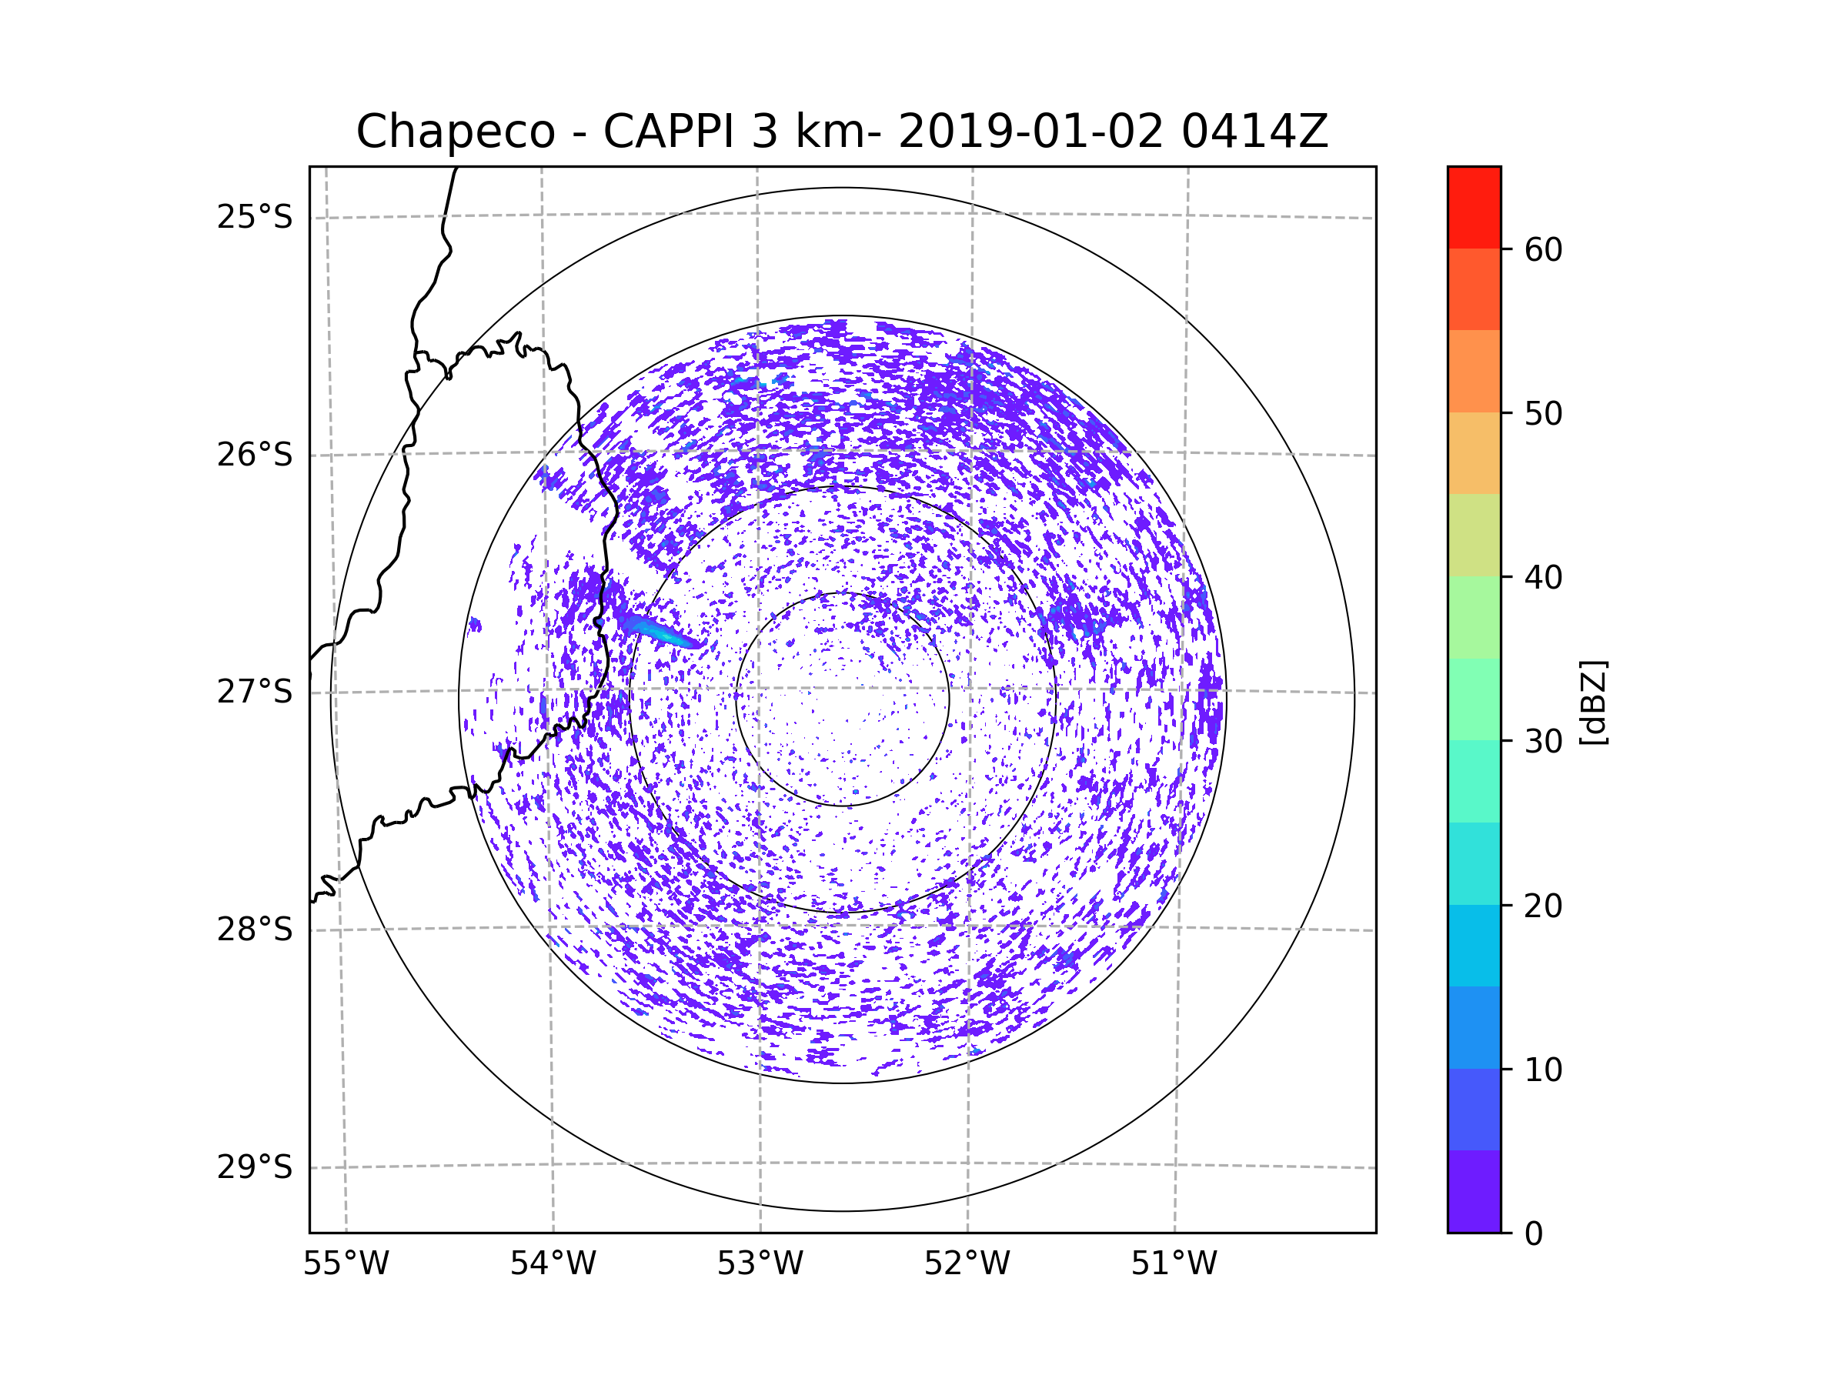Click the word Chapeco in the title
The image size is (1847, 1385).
(x=455, y=132)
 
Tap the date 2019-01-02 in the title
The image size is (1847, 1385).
(x=1030, y=132)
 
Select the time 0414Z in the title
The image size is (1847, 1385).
(x=1254, y=132)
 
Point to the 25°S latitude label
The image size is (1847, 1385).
(x=255, y=218)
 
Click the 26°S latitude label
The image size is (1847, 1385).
(x=255, y=456)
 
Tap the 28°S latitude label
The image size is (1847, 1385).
(x=255, y=930)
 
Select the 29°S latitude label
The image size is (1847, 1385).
(x=255, y=1168)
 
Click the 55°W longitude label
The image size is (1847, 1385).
(x=346, y=1264)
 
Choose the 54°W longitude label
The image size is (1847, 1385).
(x=553, y=1264)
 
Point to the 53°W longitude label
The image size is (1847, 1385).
(x=760, y=1264)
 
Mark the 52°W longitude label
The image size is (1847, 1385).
(x=967, y=1264)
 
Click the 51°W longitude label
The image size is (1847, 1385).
(x=1174, y=1264)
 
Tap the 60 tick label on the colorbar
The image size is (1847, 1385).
(x=1543, y=249)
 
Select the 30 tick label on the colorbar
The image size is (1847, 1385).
(x=1543, y=741)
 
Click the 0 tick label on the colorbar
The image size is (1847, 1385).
(x=1534, y=1234)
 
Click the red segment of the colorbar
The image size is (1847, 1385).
(x=1474, y=207)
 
